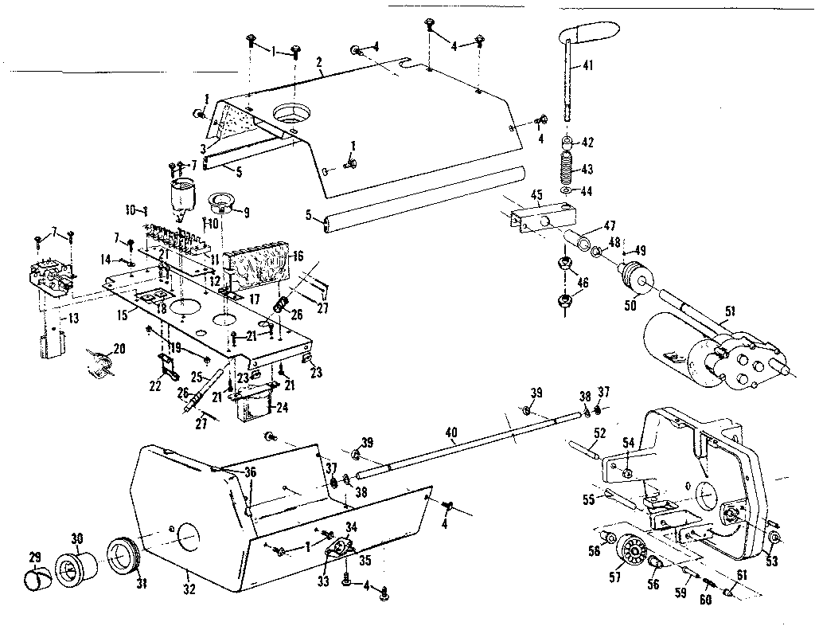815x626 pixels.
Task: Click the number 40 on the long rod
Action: [451, 433]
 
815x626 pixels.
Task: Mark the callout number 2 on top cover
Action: [318, 62]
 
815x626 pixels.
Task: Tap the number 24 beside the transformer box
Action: [282, 410]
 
